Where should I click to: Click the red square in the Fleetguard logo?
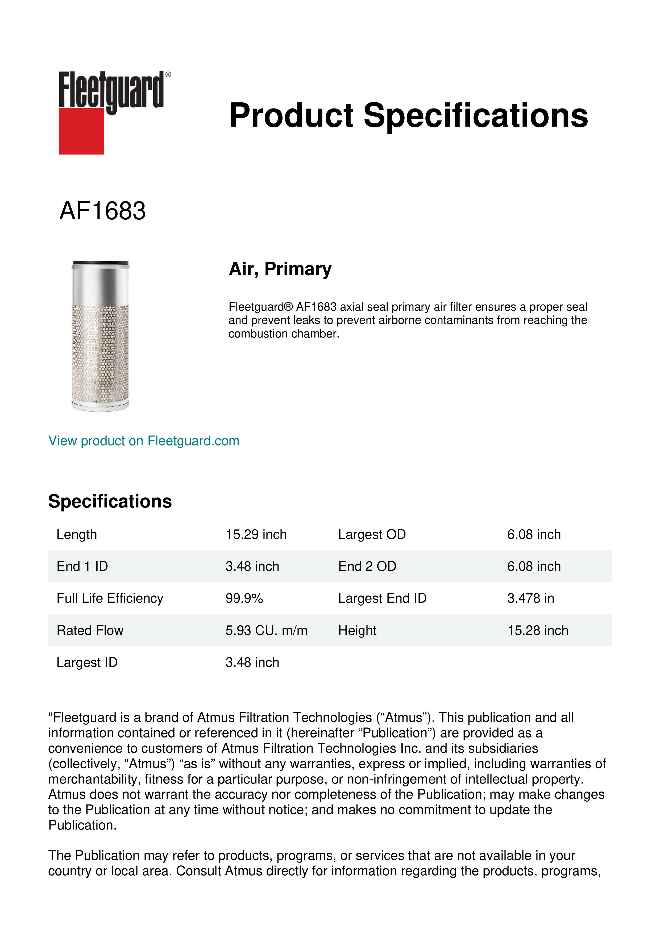(x=81, y=131)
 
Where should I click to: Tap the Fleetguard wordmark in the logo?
(x=112, y=90)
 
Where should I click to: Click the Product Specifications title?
(x=408, y=115)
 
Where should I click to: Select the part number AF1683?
(x=102, y=211)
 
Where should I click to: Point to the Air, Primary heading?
(x=280, y=269)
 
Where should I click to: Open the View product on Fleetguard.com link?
(x=144, y=441)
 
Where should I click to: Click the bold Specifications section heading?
(x=110, y=501)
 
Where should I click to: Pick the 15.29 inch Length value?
(x=256, y=534)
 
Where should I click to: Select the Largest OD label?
(x=372, y=534)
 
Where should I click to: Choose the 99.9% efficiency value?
(x=244, y=598)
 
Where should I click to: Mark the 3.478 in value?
(x=530, y=598)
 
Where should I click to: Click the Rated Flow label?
(x=90, y=630)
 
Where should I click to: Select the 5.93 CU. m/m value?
(x=266, y=630)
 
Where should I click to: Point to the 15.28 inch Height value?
(x=537, y=630)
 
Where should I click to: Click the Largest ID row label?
(x=87, y=662)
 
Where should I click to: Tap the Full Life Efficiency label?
(x=110, y=598)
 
